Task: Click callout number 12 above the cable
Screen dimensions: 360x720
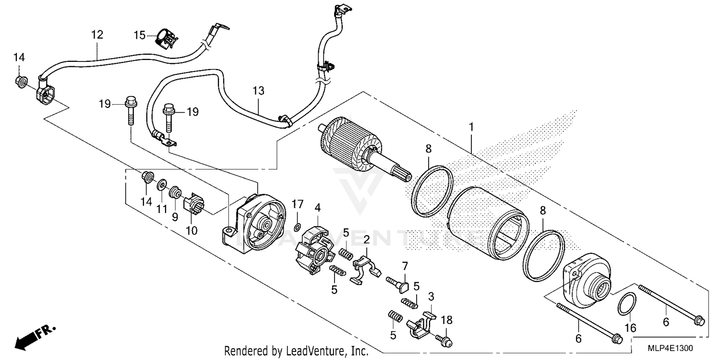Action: point(97,35)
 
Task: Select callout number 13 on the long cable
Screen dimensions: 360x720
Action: point(258,90)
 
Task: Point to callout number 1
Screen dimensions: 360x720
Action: point(471,114)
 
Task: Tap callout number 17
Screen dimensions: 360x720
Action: point(297,204)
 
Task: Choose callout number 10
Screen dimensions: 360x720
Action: point(192,230)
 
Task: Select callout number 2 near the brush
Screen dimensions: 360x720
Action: point(366,240)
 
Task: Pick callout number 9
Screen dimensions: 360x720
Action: point(175,216)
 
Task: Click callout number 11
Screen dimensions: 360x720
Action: point(162,209)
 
